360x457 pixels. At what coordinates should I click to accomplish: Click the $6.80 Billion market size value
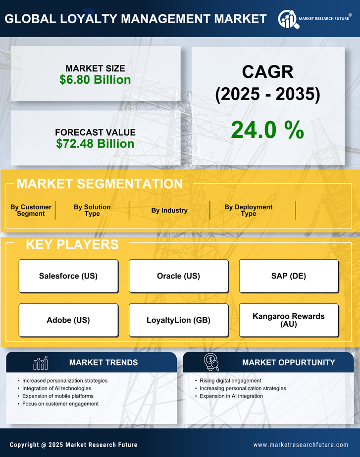click(95, 80)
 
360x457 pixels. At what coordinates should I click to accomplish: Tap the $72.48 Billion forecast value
click(95, 144)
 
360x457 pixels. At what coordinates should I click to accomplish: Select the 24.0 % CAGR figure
click(267, 130)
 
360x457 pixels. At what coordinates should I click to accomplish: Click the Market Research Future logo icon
click(288, 19)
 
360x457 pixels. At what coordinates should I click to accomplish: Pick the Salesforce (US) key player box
click(68, 276)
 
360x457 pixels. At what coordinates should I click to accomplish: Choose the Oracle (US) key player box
click(178, 276)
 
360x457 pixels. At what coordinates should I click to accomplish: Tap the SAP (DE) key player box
click(289, 276)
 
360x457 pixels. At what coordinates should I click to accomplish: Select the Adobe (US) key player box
click(68, 320)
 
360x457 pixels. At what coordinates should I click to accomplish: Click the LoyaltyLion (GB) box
click(178, 320)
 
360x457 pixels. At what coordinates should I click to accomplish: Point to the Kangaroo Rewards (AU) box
click(289, 320)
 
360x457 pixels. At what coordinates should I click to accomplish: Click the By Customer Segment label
click(31, 210)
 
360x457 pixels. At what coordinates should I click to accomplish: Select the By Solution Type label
click(92, 210)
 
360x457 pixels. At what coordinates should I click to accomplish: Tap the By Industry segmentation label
click(169, 210)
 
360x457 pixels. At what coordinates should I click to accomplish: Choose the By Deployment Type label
click(249, 210)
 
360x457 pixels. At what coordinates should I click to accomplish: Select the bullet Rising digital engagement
click(230, 381)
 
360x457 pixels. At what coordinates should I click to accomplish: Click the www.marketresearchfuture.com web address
click(301, 445)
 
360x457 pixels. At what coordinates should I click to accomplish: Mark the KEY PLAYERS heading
click(72, 244)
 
